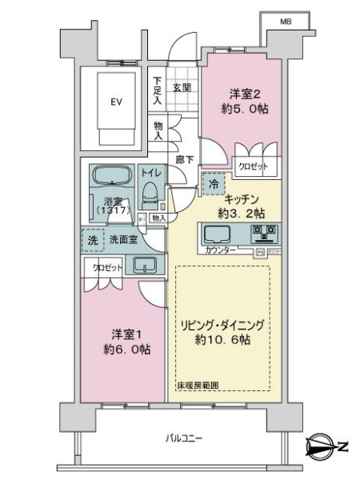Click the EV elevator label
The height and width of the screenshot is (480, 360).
tap(116, 102)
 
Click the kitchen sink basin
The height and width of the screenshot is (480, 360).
tap(217, 234)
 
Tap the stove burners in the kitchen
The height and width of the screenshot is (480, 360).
tap(263, 234)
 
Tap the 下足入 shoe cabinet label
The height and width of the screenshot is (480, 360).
tap(158, 91)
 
